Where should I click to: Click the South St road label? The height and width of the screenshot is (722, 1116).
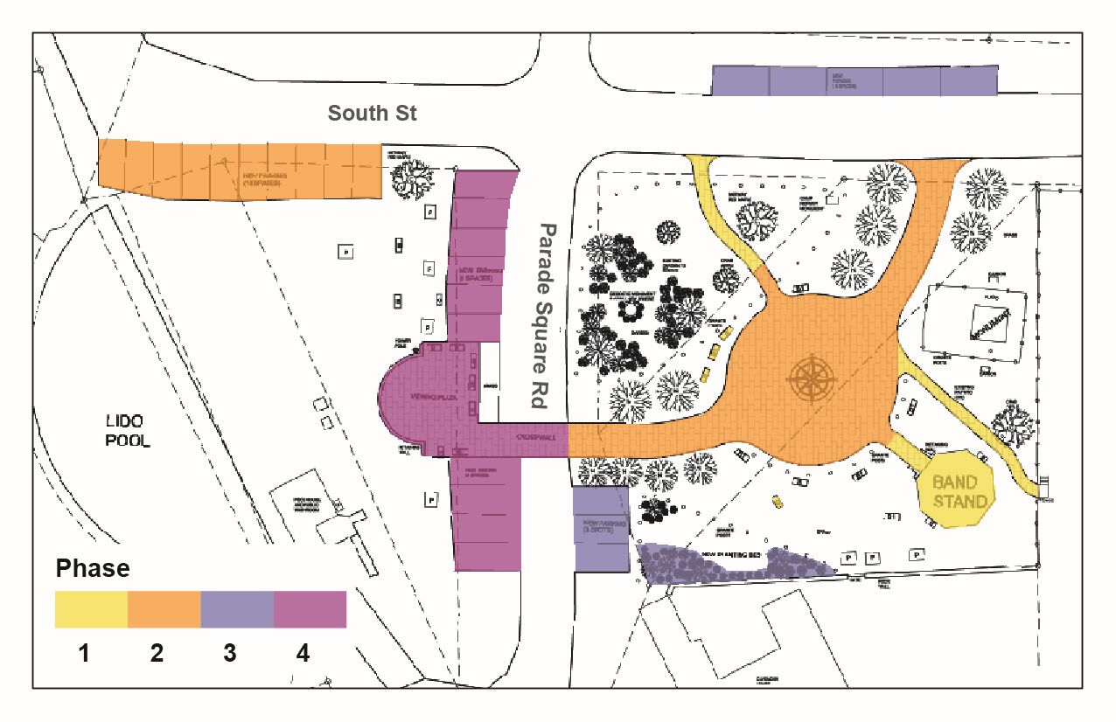(372, 114)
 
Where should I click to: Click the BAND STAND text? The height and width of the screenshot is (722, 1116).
(959, 491)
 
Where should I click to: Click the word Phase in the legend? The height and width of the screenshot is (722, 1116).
(93, 568)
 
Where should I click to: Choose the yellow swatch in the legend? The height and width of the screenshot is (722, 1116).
(91, 609)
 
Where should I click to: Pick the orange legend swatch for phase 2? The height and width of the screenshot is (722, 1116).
(164, 609)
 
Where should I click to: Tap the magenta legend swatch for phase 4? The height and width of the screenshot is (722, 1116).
(310, 609)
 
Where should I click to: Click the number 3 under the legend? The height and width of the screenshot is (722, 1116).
(230, 653)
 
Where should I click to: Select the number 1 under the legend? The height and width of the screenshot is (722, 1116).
(84, 653)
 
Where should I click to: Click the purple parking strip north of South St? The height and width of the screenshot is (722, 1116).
(854, 80)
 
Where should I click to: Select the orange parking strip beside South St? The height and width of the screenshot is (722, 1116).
(241, 170)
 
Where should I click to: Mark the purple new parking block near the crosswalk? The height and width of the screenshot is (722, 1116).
(601, 530)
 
